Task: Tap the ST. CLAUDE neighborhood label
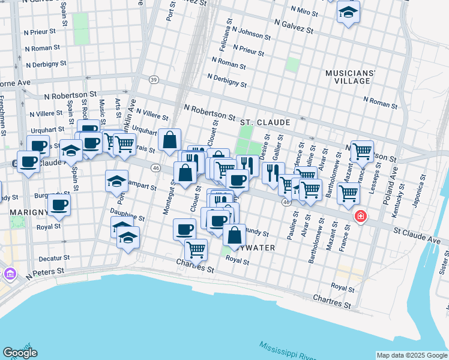[265, 122]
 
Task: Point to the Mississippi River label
[289, 350]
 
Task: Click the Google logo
[20, 353]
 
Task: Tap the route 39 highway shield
[154, 80]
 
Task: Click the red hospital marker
[360, 216]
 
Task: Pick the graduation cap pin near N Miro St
[348, 13]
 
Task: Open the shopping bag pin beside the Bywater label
[234, 234]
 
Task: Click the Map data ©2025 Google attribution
[412, 355]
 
